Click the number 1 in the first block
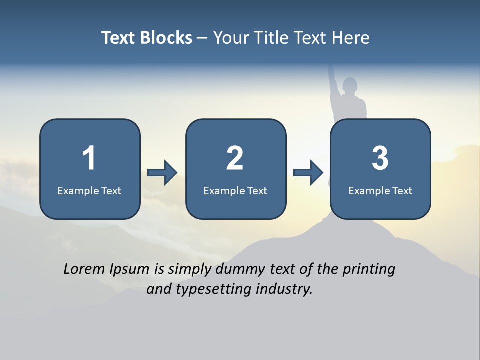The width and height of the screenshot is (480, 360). pyautogui.click(x=89, y=158)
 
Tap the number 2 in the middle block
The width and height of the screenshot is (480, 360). pyautogui.click(x=235, y=158)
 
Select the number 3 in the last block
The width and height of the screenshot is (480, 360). pyautogui.click(x=380, y=158)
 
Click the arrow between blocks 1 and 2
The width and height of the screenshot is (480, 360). pyautogui.click(x=162, y=173)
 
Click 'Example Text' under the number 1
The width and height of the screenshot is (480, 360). pyautogui.click(x=89, y=190)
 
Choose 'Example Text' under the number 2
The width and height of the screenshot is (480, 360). pyautogui.click(x=235, y=190)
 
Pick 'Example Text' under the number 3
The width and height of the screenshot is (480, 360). pyautogui.click(x=380, y=190)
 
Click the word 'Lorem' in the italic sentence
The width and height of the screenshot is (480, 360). pyautogui.click(x=84, y=269)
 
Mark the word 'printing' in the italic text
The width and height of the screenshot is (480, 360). pyautogui.click(x=369, y=270)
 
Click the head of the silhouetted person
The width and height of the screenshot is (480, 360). pyautogui.click(x=351, y=85)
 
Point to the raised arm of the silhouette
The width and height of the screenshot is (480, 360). pyautogui.click(x=331, y=80)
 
